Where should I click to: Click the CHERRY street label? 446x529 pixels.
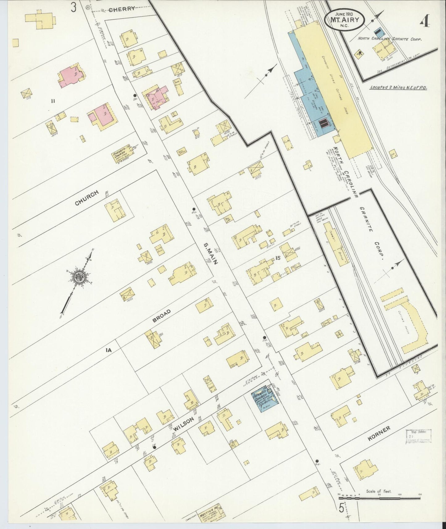tap(122, 9)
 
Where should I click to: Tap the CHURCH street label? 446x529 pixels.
tap(87, 198)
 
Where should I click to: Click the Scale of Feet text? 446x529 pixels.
tap(379, 491)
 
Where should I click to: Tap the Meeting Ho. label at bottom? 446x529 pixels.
tap(210, 514)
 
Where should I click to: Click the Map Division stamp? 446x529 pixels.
tap(419, 436)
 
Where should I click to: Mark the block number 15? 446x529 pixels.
tap(278, 258)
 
